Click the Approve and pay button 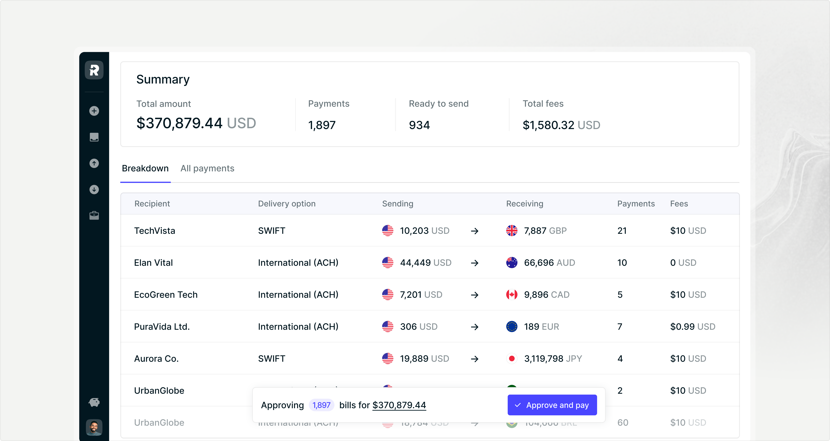pyautogui.click(x=552, y=405)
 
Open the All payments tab pyautogui.click(x=207, y=168)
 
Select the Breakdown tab pyautogui.click(x=145, y=168)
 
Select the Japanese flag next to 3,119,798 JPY pyautogui.click(x=512, y=358)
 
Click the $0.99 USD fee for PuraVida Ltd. pyautogui.click(x=692, y=327)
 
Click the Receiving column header pyautogui.click(x=525, y=204)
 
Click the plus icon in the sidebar pyautogui.click(x=94, y=111)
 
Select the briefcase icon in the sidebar pyautogui.click(x=94, y=215)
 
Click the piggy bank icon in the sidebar pyautogui.click(x=94, y=402)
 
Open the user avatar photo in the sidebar pyautogui.click(x=94, y=427)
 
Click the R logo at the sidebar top pyautogui.click(x=94, y=70)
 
